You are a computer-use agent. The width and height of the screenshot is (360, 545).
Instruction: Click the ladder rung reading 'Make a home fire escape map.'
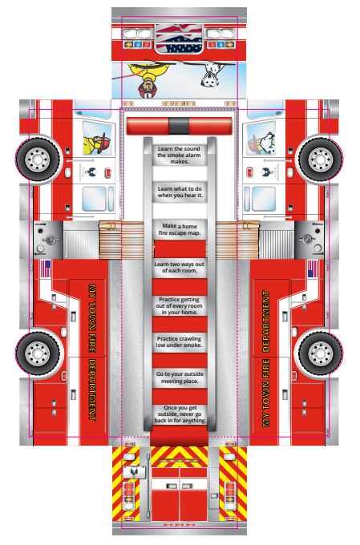pos(180,230)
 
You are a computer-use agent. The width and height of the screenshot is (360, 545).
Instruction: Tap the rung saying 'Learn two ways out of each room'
pos(180,268)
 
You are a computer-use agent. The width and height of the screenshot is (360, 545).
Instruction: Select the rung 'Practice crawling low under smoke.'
pos(180,342)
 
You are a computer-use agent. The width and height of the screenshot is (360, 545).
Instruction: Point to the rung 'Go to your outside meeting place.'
pos(180,377)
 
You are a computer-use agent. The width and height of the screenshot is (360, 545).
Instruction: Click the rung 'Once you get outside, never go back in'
pos(180,414)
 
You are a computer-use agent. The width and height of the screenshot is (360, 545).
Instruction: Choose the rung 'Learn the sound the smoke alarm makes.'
pos(179,155)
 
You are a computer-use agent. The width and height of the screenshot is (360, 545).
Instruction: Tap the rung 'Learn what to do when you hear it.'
pos(180,192)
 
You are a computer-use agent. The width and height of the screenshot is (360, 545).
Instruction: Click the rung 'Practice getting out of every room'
pos(180,306)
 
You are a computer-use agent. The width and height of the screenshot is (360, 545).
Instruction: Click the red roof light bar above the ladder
pos(179,126)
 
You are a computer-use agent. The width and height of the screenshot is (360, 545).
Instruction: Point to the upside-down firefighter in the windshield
pos(148,79)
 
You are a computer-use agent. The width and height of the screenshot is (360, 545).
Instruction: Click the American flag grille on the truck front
pos(179,39)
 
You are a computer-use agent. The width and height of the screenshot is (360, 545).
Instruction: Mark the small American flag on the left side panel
pos(46,269)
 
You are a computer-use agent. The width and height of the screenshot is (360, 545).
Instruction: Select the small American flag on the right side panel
pos(313,269)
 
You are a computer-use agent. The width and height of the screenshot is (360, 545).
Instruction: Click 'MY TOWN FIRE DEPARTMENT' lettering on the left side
pos(92,353)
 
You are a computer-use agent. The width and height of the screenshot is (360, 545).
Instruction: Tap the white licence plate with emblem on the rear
pos(135,472)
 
